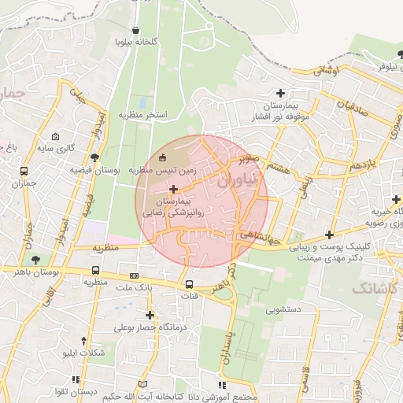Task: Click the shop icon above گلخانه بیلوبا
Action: pyautogui.click(x=136, y=30)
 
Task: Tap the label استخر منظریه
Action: pyautogui.click(x=143, y=115)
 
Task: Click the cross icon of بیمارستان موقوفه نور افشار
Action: pyautogui.click(x=280, y=93)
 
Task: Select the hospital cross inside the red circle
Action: pyautogui.click(x=173, y=189)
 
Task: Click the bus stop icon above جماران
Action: pyautogui.click(x=24, y=171)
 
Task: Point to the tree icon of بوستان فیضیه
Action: pyautogui.click(x=96, y=157)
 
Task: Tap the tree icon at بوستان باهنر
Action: pyautogui.click(x=35, y=259)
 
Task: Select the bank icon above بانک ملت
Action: pyautogui.click(x=134, y=276)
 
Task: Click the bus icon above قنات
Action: pyautogui.click(x=189, y=284)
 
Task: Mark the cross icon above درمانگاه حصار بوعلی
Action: pyautogui.click(x=150, y=316)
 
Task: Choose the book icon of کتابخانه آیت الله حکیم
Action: pyautogui.click(x=142, y=385)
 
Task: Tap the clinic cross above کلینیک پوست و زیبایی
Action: pyautogui.click(x=328, y=235)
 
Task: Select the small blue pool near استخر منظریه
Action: pyautogui.click(x=142, y=102)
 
